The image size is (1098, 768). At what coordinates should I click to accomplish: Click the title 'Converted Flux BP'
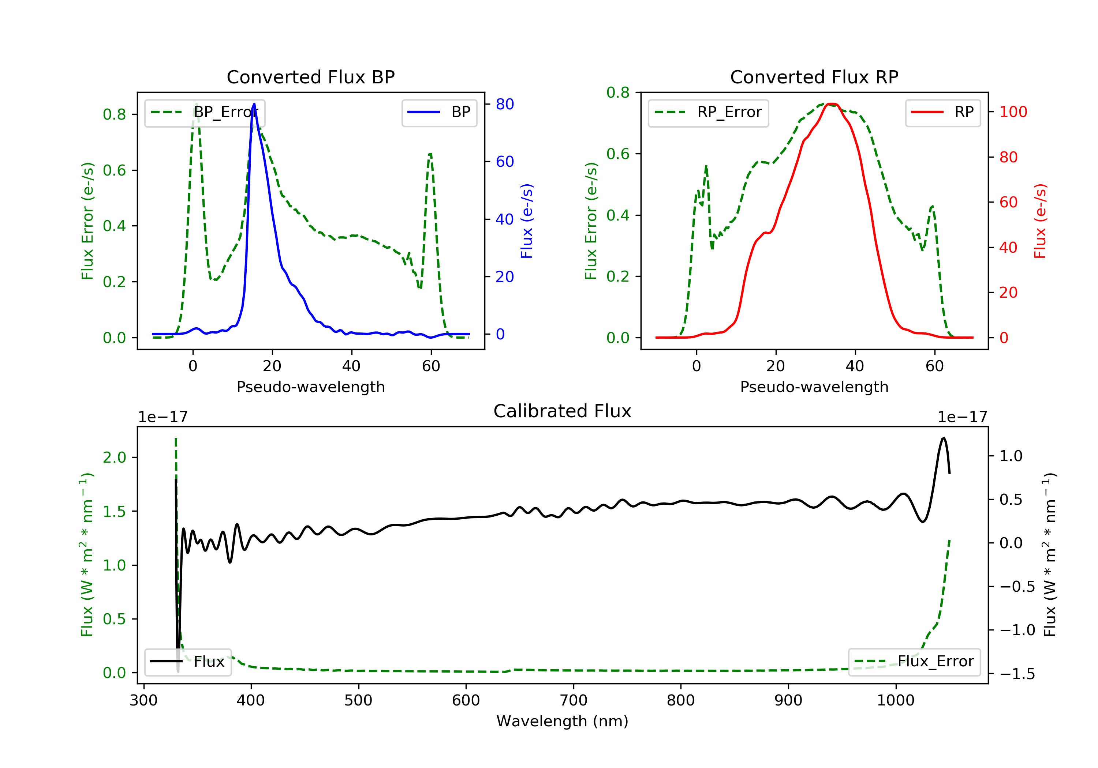coord(311,77)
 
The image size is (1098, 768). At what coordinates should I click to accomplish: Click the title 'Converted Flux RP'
coord(814,77)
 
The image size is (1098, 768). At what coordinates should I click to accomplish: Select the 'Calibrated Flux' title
coord(563,411)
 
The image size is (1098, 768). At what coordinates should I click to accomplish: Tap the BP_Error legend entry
coord(205,112)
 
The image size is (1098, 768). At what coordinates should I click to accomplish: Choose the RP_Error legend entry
coord(708,112)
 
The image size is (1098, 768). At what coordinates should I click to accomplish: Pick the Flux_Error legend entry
coord(914,662)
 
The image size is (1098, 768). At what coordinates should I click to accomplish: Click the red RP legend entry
coord(942,112)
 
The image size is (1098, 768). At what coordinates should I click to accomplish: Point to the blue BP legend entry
coord(439,112)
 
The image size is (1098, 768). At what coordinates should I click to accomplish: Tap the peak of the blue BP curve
coord(254,104)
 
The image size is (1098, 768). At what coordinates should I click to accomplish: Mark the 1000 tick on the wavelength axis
coord(895,700)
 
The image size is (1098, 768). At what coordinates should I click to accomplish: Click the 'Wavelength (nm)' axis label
coord(563,721)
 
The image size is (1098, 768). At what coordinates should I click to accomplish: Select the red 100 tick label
coord(1013,112)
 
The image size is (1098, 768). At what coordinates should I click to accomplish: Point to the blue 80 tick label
coord(505,104)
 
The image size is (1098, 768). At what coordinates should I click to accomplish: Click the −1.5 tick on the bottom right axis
coord(1017,674)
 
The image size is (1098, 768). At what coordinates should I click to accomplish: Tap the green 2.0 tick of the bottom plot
coord(114,458)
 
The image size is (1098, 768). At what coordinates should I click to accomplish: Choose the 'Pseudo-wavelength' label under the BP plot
coord(311,387)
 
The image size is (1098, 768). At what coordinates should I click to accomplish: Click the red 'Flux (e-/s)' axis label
coord(1040,221)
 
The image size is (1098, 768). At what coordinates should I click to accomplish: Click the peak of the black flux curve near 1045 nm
coord(943,438)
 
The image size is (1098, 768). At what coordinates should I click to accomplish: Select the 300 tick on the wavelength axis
coord(143,700)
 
